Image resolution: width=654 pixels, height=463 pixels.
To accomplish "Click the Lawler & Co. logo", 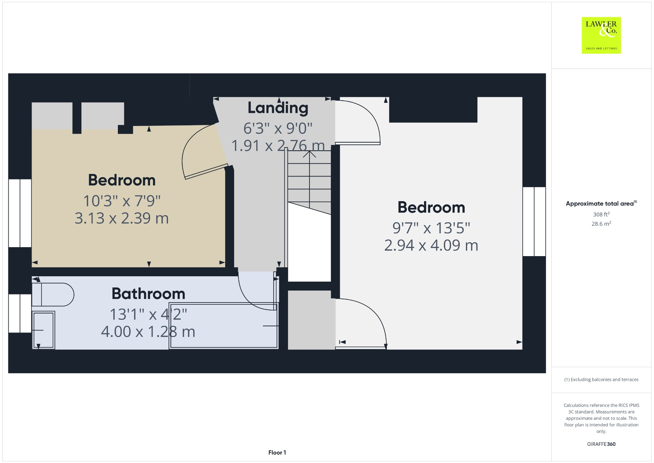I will click(x=601, y=35).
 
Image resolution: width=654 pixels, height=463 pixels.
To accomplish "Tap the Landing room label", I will click(x=278, y=108).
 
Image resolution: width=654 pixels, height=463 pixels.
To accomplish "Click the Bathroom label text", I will click(x=148, y=294).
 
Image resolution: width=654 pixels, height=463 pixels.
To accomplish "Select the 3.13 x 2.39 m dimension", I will click(x=122, y=218).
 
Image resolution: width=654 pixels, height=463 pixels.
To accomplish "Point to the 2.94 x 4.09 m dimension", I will click(x=431, y=246).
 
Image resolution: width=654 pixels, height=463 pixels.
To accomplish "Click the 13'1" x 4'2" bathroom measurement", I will click(x=148, y=314).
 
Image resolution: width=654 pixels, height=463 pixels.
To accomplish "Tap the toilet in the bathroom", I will click(x=53, y=294).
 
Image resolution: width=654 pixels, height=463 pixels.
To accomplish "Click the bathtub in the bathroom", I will click(x=224, y=326).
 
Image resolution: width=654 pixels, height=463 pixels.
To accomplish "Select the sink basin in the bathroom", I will click(x=43, y=330).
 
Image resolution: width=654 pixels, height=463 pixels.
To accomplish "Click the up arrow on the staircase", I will click(x=309, y=155).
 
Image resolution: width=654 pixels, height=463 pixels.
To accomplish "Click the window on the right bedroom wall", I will click(x=534, y=222).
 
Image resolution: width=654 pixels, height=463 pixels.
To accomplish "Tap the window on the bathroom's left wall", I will click(x=20, y=313).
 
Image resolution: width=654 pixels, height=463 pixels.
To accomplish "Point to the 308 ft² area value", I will click(x=601, y=215).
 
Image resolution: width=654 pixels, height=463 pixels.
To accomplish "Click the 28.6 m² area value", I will click(x=601, y=224).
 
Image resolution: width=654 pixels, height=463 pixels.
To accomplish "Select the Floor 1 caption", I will click(x=277, y=452).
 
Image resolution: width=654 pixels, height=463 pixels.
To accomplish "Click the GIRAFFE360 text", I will click(x=601, y=444).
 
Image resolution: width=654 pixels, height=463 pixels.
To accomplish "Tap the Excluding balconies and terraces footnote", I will click(x=601, y=380).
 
